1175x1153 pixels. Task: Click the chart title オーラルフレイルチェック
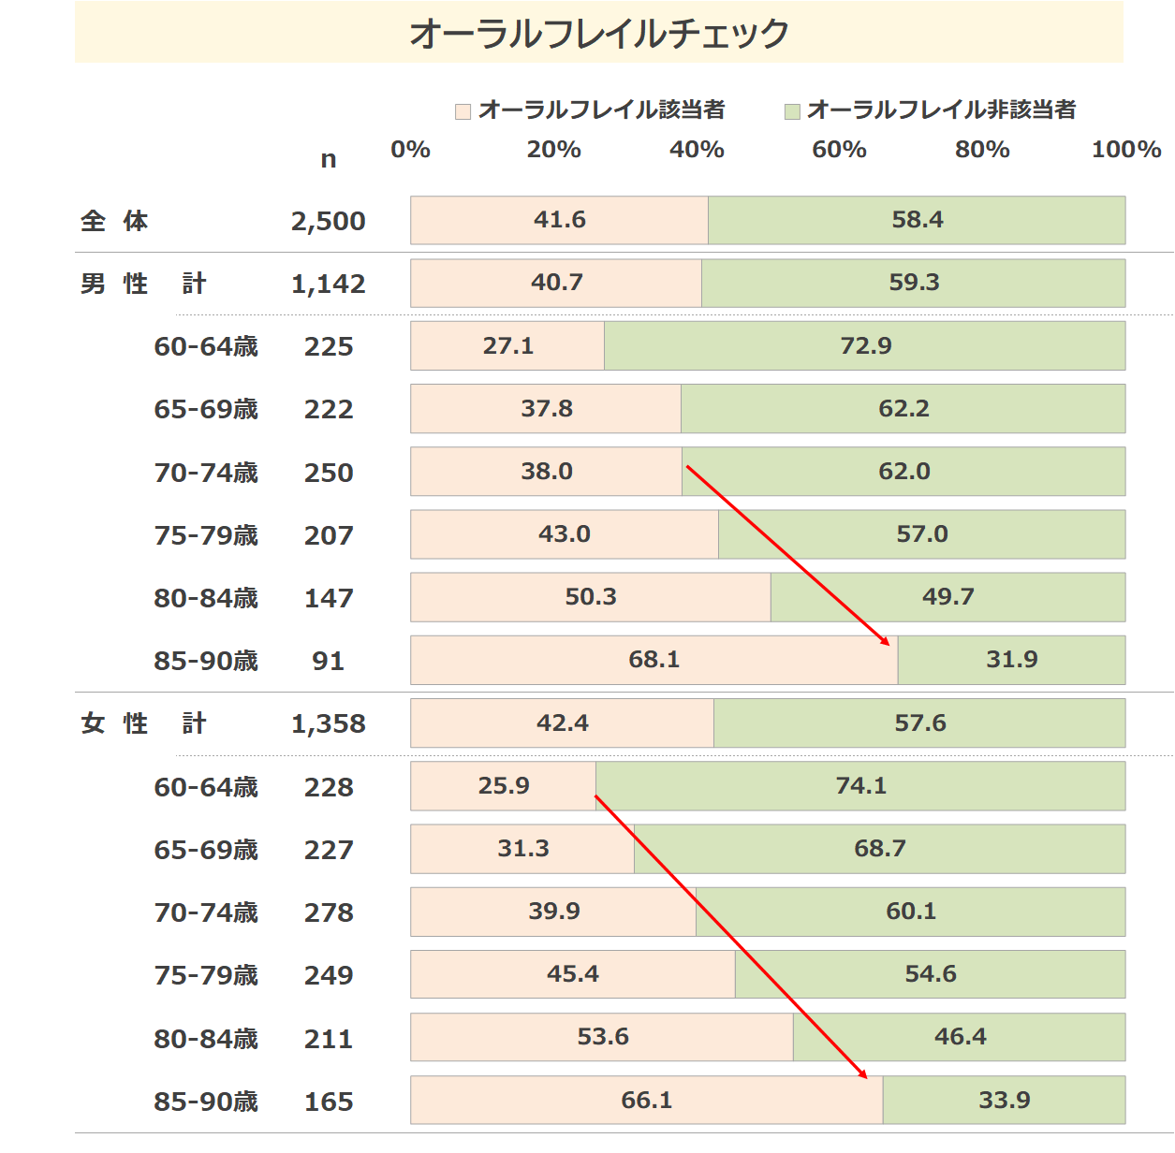(599, 33)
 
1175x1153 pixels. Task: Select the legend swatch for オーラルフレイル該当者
(463, 111)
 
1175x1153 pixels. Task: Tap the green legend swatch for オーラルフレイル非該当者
(792, 111)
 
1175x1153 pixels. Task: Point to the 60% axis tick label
(839, 150)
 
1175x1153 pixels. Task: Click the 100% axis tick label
(1125, 150)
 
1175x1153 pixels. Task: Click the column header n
(328, 159)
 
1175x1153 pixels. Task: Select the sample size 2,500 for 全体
(328, 221)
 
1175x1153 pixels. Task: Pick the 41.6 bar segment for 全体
(559, 220)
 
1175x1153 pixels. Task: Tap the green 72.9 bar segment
(865, 345)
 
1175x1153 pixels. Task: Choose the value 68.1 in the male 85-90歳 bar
(654, 660)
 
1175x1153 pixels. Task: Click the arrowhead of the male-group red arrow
(887, 643)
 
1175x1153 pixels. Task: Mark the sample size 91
(328, 661)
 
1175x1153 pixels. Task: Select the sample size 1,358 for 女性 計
(328, 723)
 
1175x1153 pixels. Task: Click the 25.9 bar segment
(504, 785)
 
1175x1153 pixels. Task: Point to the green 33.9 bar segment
(1004, 1100)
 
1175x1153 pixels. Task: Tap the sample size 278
(328, 912)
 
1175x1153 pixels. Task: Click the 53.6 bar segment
(602, 1037)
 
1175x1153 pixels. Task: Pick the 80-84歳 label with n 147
(205, 598)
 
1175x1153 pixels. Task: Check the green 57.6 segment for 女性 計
(919, 723)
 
